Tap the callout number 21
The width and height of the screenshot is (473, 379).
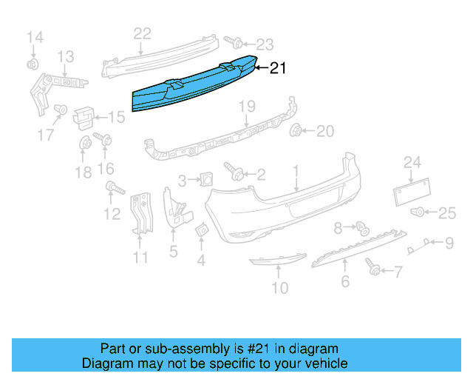click(277, 68)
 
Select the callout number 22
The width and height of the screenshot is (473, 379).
click(142, 33)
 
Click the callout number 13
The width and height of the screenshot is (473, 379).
click(66, 56)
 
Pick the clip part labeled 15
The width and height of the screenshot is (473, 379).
click(84, 116)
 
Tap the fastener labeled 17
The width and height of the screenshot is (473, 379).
click(61, 110)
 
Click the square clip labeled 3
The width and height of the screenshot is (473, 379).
click(206, 178)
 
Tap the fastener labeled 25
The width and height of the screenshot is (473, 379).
click(419, 212)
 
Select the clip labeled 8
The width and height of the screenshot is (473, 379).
click(362, 227)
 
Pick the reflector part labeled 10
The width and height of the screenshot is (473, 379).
click(276, 260)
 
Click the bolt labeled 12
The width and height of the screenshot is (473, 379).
click(112, 187)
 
